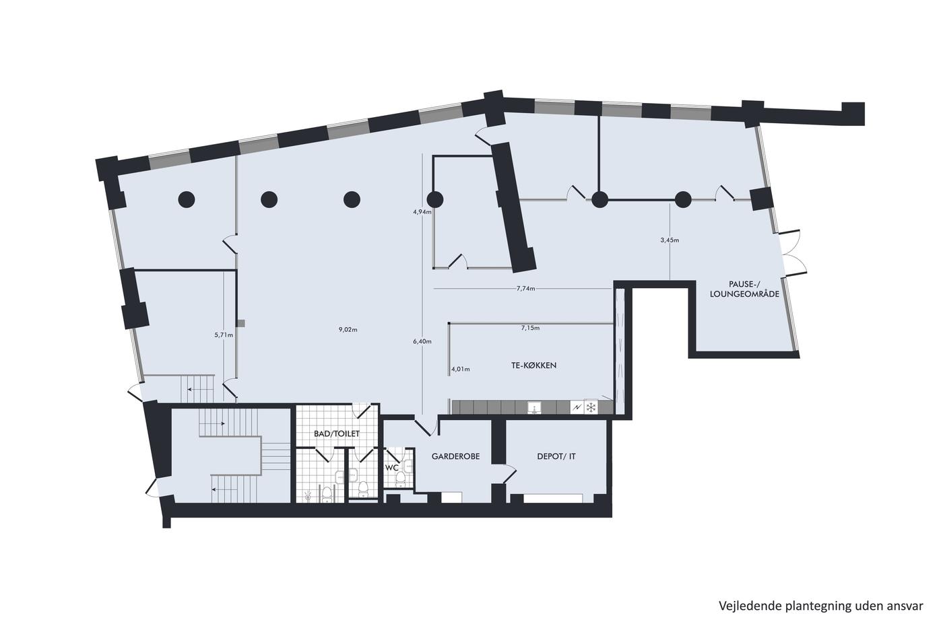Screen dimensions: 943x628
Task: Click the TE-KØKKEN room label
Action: click(533, 365)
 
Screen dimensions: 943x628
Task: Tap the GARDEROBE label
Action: click(455, 456)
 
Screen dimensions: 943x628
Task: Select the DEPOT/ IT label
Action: click(556, 456)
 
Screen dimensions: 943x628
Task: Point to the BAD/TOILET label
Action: click(337, 433)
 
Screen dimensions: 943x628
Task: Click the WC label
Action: click(392, 468)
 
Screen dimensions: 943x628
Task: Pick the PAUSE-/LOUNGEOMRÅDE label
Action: click(744, 289)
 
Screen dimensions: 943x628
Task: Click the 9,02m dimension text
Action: click(348, 330)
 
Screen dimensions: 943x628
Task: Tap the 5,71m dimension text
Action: click(224, 335)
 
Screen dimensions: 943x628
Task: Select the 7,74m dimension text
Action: click(526, 289)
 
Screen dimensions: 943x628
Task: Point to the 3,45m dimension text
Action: click(670, 240)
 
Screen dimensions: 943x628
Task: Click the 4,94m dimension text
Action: click(422, 212)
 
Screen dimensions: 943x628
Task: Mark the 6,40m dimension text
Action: click(422, 341)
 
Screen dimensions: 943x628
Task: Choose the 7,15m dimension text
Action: click(531, 328)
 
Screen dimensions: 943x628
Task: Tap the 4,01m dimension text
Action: click(461, 370)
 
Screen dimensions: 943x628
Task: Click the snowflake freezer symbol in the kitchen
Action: click(591, 407)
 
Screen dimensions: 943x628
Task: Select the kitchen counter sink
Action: click(535, 408)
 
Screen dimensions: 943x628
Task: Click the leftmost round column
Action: click(187, 199)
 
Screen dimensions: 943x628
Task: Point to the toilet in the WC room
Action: click(400, 477)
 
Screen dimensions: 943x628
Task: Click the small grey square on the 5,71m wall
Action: click(241, 323)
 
